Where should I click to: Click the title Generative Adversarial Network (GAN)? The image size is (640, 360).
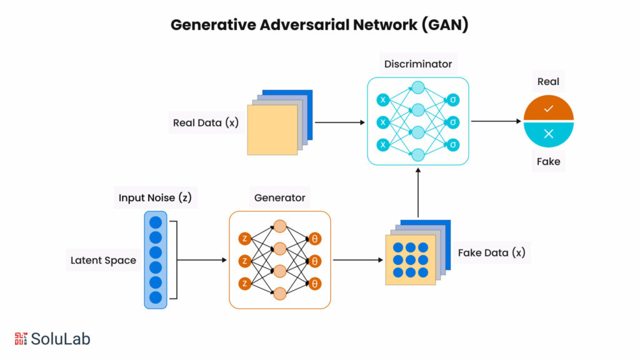pos(319,25)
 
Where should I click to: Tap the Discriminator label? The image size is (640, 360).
pos(417,64)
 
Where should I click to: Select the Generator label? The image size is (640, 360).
pos(279,198)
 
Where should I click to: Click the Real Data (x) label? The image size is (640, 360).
pos(206,122)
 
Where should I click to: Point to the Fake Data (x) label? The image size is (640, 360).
pos(491,253)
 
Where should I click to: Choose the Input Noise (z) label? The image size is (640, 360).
pos(155,198)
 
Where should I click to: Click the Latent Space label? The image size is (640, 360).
pos(103,260)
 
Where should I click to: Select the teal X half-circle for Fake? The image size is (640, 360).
pos(548,133)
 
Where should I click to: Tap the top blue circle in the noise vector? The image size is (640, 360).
pos(156,222)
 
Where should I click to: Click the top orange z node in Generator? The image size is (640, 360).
pos(244,239)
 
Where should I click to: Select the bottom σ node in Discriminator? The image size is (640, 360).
pos(454,145)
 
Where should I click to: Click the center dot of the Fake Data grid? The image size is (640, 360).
pos(410,259)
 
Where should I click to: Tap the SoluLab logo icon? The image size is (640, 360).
pos(21,339)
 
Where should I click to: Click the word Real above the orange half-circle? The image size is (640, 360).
pos(548,81)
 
